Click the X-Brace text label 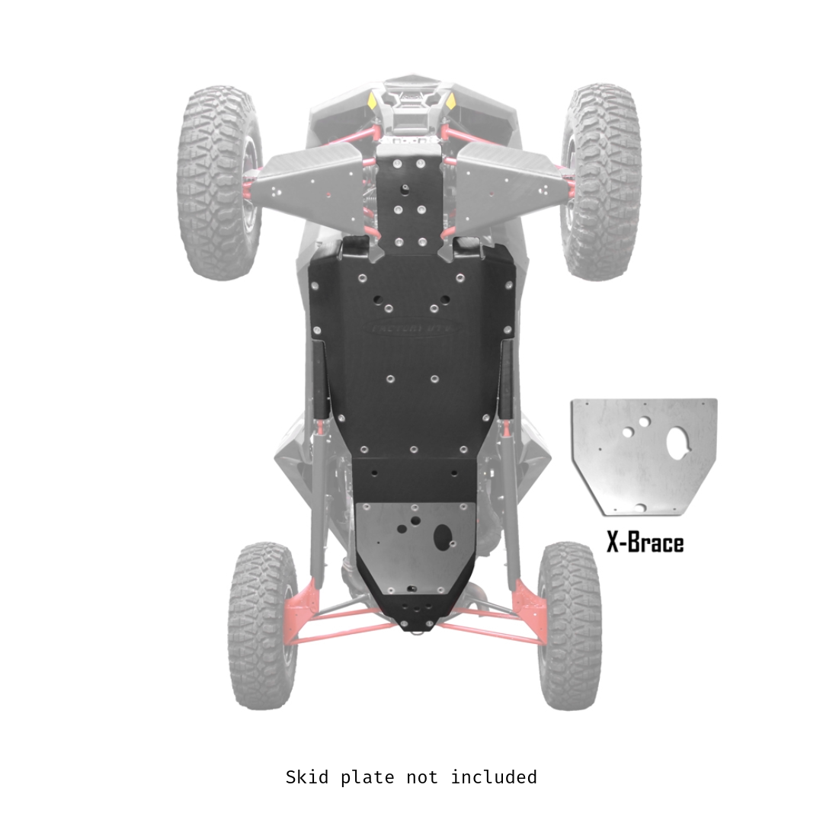click(x=645, y=543)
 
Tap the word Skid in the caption click(x=308, y=777)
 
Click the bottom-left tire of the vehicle click(x=262, y=625)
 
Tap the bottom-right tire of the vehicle click(x=569, y=625)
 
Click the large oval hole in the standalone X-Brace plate click(x=677, y=443)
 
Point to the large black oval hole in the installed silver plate click(x=442, y=537)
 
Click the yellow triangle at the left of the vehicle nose click(x=372, y=100)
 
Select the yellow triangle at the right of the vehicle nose click(x=451, y=100)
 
